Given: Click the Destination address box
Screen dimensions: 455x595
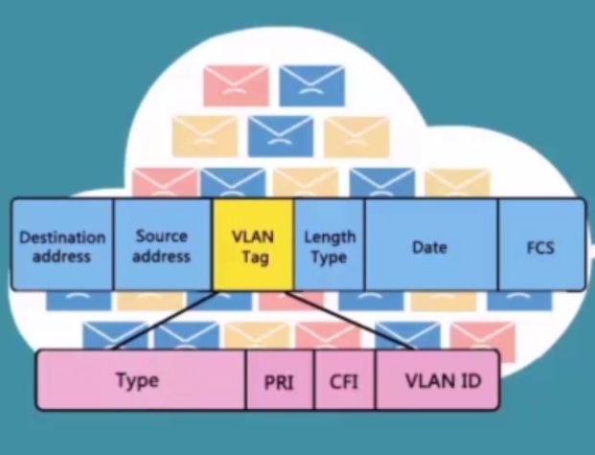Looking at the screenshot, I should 61,245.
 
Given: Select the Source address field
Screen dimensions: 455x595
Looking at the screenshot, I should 161,245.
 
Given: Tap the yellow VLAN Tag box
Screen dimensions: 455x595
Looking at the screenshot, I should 251,245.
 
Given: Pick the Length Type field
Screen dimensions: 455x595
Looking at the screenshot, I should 329,245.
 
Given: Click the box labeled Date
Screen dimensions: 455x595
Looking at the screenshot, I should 430,246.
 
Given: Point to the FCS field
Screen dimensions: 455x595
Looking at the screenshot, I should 540,246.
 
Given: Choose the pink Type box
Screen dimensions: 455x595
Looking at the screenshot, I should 138,379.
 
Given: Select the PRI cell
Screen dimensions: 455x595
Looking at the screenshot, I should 279,381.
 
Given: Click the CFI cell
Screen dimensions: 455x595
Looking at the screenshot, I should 343,381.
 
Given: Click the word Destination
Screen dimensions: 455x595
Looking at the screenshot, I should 62,237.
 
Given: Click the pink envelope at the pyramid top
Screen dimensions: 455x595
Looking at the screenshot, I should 236,84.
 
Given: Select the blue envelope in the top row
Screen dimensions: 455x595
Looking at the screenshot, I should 311,84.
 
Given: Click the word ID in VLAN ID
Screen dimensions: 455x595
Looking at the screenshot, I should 468,379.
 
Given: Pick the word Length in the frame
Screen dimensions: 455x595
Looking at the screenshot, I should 329,236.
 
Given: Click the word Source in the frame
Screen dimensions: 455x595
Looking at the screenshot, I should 161,235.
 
